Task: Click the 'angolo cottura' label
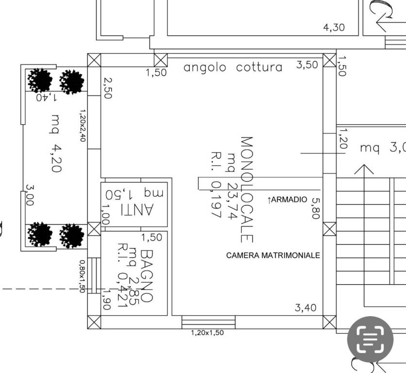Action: (233, 67)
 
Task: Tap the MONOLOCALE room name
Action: (247, 189)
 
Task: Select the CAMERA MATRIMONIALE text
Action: (273, 255)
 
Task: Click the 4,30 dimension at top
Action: (334, 28)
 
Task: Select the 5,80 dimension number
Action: (316, 208)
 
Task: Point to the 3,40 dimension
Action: (306, 307)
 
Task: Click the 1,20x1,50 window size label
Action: (207, 333)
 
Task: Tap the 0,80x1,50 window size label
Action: (82, 275)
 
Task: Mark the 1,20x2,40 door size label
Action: (82, 125)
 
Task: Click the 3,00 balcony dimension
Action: (30, 195)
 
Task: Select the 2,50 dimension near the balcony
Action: (107, 87)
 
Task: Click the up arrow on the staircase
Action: (367, 170)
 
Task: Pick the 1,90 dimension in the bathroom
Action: (106, 299)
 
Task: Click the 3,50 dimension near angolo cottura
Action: (307, 65)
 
